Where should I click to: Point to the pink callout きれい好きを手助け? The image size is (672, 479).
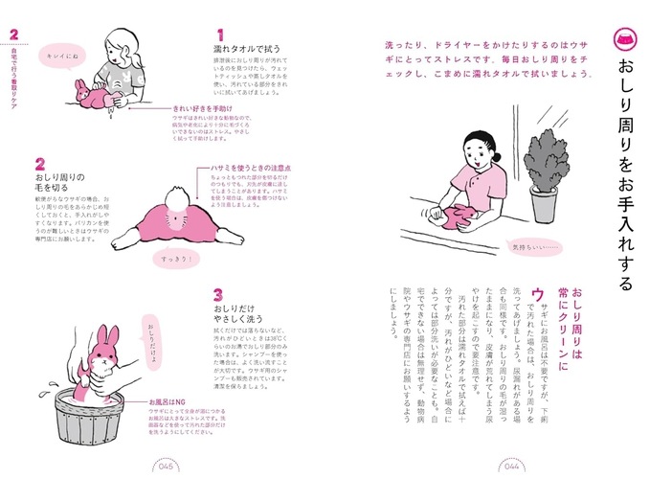click(202, 109)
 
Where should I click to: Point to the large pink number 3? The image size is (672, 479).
click(218, 296)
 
